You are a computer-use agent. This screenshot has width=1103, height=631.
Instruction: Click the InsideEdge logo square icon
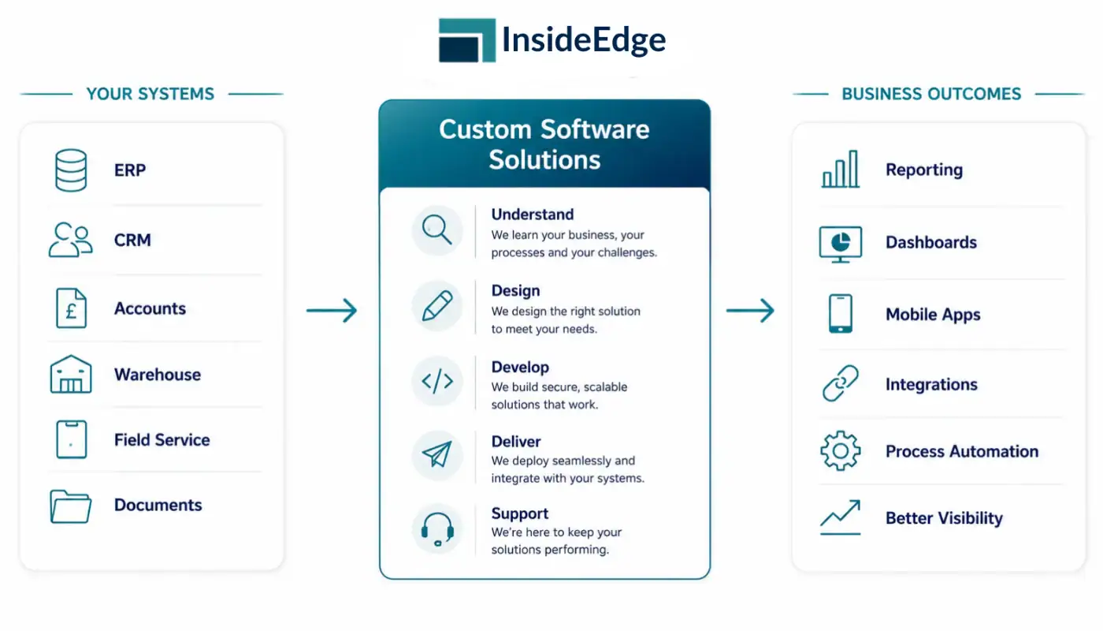pos(466,40)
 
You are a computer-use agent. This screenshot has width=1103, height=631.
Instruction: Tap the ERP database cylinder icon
pos(71,170)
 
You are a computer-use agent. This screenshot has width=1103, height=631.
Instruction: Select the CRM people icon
pos(70,240)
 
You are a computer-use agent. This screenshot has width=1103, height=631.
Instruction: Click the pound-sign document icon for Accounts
pos(72,308)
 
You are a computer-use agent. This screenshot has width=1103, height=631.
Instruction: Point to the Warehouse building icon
pos(71,374)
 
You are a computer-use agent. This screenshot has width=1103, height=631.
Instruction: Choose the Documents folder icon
pos(70,506)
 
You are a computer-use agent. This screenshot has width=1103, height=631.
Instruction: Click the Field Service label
pos(162,440)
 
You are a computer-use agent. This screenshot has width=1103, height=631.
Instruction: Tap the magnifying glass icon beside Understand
pos(436,230)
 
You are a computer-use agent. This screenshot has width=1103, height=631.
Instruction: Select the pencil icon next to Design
pos(437,306)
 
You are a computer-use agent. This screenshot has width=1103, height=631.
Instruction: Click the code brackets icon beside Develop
pos(437,381)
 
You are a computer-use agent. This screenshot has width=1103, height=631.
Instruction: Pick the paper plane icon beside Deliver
pos(437,454)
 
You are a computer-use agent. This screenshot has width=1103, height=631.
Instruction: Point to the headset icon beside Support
pos(437,529)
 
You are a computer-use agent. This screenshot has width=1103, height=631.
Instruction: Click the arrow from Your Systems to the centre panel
pos(332,311)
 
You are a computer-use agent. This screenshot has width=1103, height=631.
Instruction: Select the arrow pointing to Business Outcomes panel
pos(750,311)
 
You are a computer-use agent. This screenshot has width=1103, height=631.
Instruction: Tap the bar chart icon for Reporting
pos(841,169)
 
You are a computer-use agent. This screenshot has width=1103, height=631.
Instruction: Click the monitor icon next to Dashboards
pos(841,245)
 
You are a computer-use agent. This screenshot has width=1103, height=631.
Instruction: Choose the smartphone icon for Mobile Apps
pos(841,314)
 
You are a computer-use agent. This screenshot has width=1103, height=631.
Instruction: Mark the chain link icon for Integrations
pos(841,383)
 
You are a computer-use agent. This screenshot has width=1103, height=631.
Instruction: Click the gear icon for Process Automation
pos(841,450)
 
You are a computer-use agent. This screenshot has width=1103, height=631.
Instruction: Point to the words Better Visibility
pos(944,518)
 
